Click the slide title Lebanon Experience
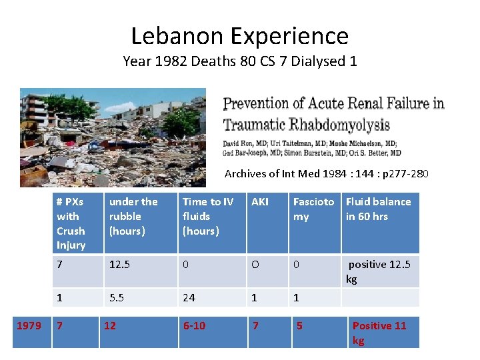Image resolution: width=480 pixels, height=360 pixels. click(239, 35)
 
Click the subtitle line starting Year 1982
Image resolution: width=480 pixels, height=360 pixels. click(239, 61)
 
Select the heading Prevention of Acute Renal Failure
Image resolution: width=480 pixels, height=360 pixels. click(333, 114)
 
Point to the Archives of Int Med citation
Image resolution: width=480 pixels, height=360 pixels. click(326, 174)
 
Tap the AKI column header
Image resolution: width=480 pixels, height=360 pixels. click(260, 201)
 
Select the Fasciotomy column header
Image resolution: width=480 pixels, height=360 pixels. click(313, 209)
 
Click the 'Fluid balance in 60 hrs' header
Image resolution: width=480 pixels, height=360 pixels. click(378, 209)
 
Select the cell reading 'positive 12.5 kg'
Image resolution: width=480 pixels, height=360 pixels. click(379, 271)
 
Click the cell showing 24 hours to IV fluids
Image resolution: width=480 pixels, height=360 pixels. click(189, 297)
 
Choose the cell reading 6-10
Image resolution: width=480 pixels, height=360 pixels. click(194, 325)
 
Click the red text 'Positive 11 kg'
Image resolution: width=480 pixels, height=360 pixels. click(379, 333)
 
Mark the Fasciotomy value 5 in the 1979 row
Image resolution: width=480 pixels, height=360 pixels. click(299, 325)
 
